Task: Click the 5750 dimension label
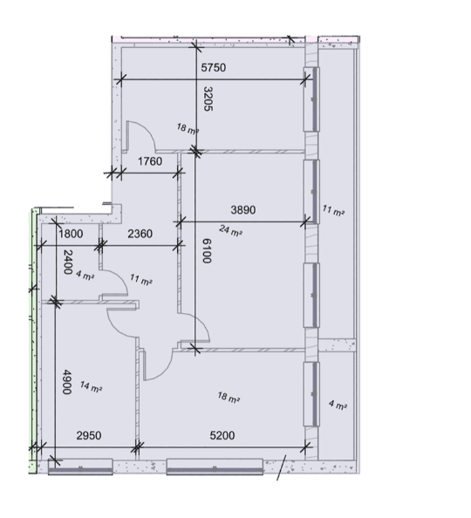click(x=214, y=68)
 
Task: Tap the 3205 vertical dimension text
click(x=208, y=99)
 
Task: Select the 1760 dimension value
click(x=150, y=161)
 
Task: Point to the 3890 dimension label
click(x=243, y=210)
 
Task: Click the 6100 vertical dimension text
click(x=207, y=251)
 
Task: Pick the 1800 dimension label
click(x=71, y=234)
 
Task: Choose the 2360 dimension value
click(x=140, y=234)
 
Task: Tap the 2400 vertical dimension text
click(x=68, y=262)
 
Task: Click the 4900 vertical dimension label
click(x=67, y=382)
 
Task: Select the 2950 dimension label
click(x=89, y=435)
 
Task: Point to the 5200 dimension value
click(x=222, y=435)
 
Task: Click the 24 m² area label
click(x=230, y=230)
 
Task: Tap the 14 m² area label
click(x=91, y=387)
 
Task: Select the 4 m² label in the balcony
click(x=338, y=405)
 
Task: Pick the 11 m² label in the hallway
click(x=140, y=279)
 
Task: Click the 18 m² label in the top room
click(x=188, y=128)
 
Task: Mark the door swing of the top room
click(x=147, y=128)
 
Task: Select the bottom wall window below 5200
click(x=215, y=467)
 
